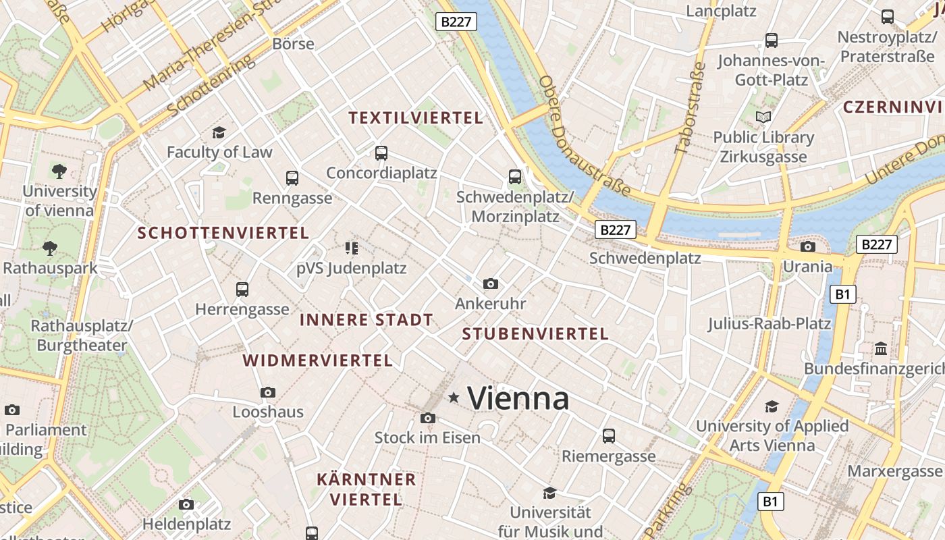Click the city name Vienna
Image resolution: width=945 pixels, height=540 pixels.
[518, 398]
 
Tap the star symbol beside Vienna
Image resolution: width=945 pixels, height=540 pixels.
[454, 398]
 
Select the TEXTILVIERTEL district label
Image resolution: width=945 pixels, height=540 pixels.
[416, 118]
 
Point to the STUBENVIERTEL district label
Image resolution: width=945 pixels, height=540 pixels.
[535, 333]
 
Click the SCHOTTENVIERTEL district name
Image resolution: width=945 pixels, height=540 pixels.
[223, 234]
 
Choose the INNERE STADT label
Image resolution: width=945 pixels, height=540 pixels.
[366, 320]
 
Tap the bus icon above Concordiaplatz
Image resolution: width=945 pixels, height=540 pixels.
[381, 153]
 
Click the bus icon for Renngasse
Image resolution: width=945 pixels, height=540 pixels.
[292, 178]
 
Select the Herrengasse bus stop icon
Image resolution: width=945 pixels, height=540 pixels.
[242, 290]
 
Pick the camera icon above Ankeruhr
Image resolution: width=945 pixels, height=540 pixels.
[491, 283]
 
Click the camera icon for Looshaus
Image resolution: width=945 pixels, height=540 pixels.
[268, 392]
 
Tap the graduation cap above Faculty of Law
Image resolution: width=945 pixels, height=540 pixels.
[219, 132]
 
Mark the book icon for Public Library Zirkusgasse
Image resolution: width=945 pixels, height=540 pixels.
[763, 117]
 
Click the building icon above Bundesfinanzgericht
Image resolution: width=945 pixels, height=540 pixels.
[881, 349]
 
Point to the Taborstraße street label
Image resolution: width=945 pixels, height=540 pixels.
[690, 108]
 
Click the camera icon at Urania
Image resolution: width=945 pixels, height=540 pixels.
[808, 246]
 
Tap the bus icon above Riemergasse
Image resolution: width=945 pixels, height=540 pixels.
[609, 436]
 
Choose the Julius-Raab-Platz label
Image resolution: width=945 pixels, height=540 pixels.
[769, 323]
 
